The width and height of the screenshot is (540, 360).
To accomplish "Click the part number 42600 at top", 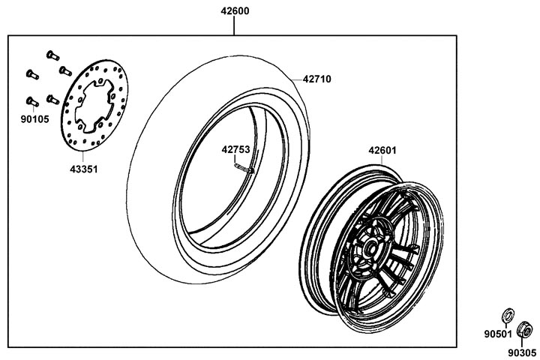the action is click(x=235, y=11).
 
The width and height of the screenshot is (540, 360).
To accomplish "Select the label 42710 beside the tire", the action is click(x=316, y=79).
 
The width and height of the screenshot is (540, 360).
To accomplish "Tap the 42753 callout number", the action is click(x=235, y=149).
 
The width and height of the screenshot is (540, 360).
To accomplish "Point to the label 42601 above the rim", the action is click(x=382, y=151).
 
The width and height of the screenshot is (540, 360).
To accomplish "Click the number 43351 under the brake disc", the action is click(x=84, y=169).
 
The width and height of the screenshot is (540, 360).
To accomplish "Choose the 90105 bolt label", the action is click(x=34, y=119).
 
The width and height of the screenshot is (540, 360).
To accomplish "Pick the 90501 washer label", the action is click(x=498, y=334).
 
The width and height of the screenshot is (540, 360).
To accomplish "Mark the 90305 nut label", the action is click(x=522, y=352).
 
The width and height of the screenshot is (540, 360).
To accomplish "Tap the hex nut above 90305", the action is click(x=524, y=330).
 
